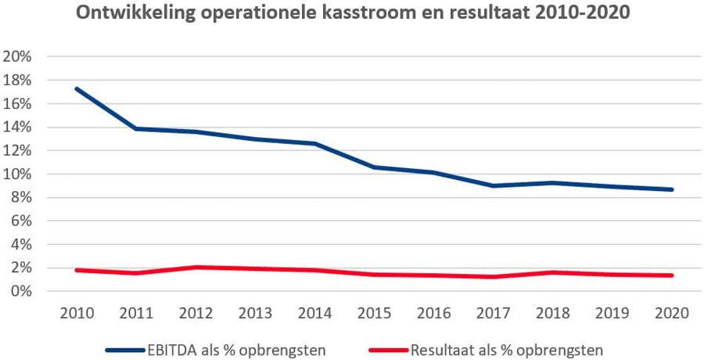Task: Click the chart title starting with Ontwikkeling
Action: click(352, 14)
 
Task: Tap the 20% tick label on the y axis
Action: click(17, 57)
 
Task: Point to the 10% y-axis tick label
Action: click(17, 175)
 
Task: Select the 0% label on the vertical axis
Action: click(20, 291)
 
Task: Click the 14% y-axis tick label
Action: click(17, 128)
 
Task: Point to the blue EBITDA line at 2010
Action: click(77, 88)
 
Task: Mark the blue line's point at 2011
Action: click(137, 128)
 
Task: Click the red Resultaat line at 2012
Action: click(196, 267)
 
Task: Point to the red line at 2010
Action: click(77, 270)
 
